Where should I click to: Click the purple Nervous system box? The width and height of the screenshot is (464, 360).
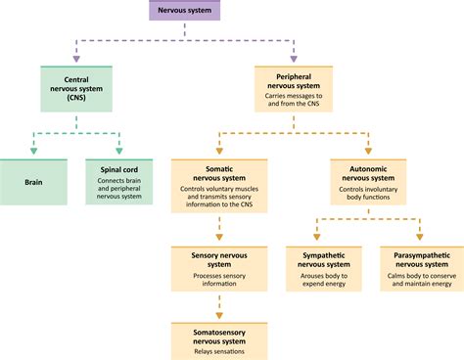[184, 11]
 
